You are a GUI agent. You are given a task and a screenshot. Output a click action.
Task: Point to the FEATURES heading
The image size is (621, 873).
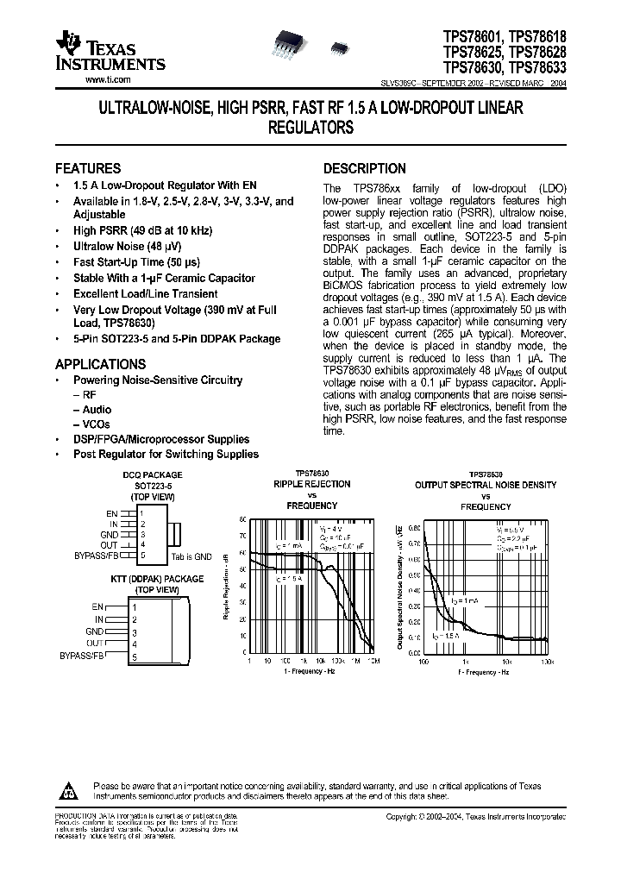pos(88,168)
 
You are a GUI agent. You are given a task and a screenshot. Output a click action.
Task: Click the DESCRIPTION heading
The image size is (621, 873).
pos(364,168)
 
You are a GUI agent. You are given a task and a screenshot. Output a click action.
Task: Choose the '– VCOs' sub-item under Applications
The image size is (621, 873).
pos(92,424)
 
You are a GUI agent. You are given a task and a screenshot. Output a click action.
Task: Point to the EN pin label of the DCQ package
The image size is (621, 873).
pos(112,513)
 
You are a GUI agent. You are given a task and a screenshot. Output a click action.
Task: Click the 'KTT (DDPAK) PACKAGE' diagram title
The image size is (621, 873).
pos(157,579)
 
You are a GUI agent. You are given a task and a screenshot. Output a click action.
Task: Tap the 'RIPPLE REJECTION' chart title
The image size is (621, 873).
pos(311,484)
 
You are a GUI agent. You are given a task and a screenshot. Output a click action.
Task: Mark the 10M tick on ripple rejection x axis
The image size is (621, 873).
pos(372,661)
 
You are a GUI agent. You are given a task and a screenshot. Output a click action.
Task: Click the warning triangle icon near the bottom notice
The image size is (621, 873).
pos(68,789)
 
